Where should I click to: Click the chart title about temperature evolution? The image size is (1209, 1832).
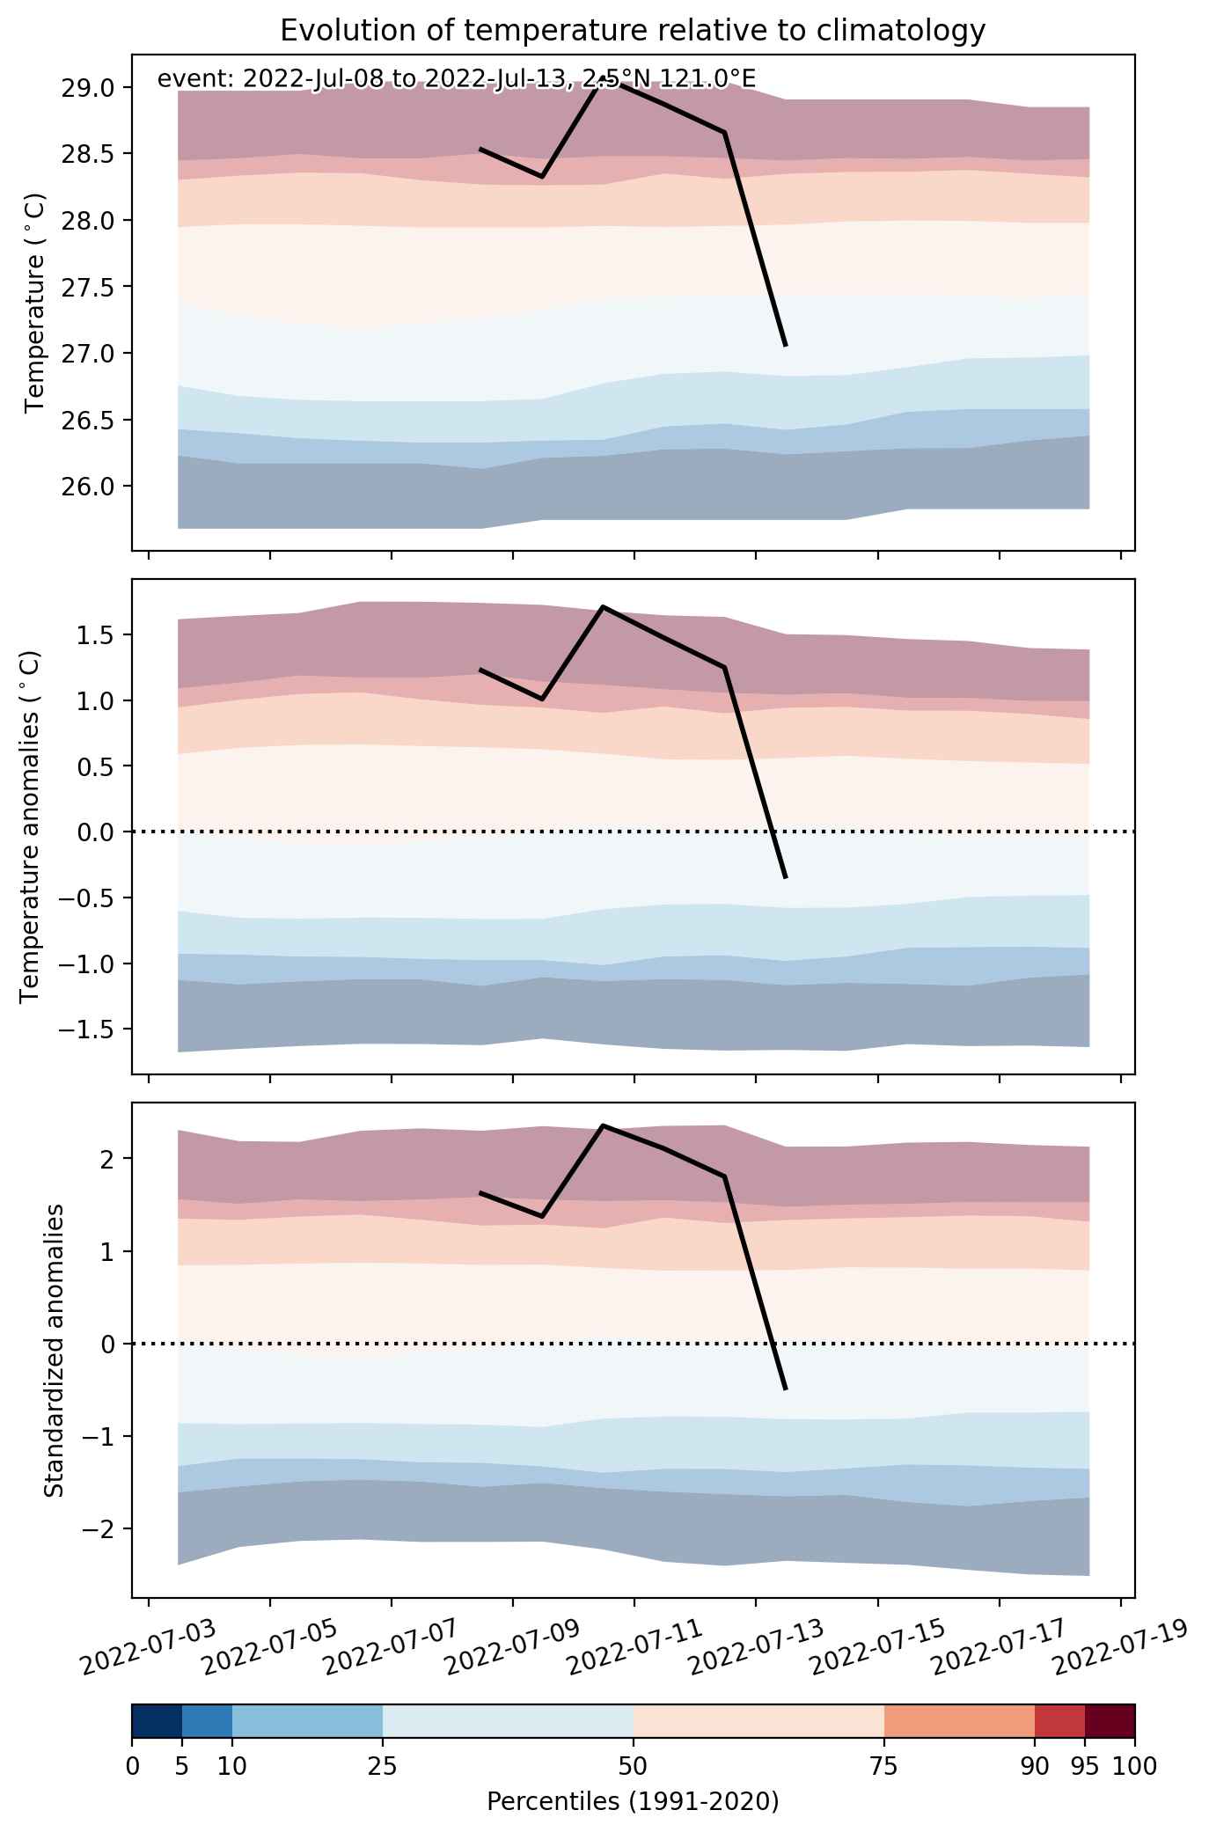[x=633, y=31]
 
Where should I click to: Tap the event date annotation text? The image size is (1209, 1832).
[x=456, y=79]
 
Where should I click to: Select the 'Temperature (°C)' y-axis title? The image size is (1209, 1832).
[x=34, y=303]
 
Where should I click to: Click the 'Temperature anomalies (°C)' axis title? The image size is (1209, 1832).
[x=30, y=826]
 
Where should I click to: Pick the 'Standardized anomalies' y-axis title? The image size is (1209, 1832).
[x=55, y=1350]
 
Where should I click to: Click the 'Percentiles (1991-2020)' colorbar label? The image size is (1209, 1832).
[x=633, y=1801]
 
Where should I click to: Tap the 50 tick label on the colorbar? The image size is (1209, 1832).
[x=634, y=1765]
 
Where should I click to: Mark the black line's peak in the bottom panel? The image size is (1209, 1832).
[x=603, y=1125]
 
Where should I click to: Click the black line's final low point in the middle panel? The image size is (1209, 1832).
[x=785, y=877]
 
